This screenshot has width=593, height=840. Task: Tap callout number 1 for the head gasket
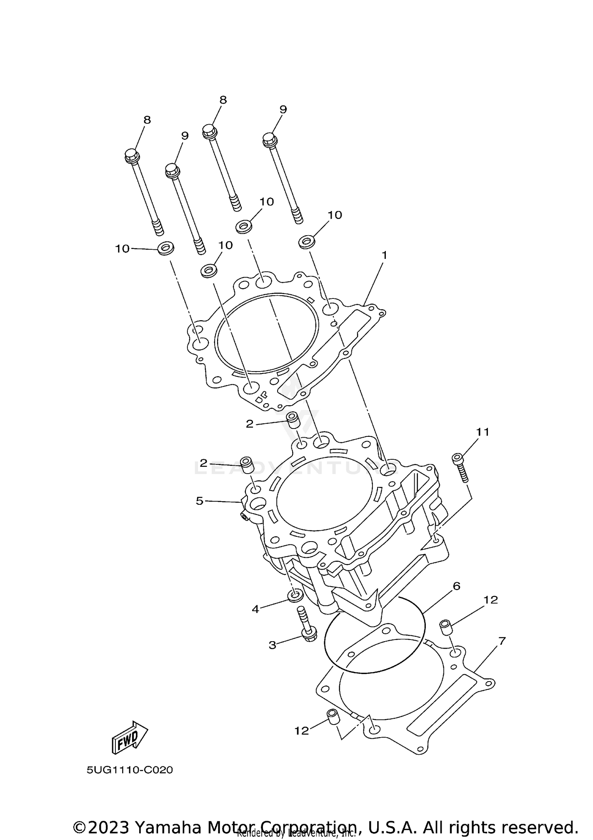[384, 255]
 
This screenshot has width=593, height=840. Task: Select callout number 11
[482, 432]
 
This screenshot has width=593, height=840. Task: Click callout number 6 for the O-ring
[457, 586]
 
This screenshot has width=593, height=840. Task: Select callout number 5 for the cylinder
[199, 501]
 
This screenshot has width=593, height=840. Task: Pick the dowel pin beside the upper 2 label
[292, 420]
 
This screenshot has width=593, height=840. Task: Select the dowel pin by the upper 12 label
[446, 627]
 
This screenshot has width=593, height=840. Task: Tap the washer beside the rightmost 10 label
[306, 241]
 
